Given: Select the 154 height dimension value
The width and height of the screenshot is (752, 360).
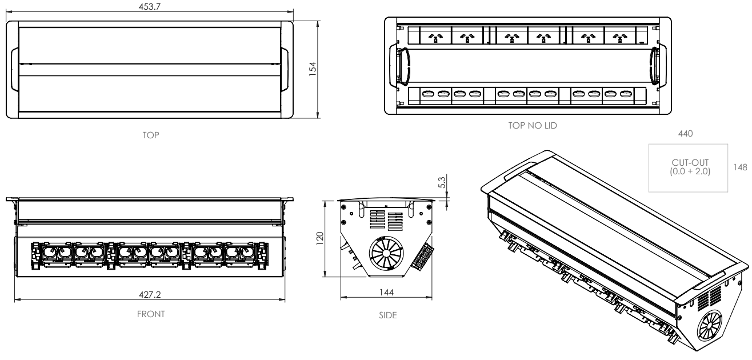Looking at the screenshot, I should (x=312, y=70).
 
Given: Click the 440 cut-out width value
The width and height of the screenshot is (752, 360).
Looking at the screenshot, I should (x=685, y=134).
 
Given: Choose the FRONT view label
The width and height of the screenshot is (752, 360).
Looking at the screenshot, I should (x=151, y=313).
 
